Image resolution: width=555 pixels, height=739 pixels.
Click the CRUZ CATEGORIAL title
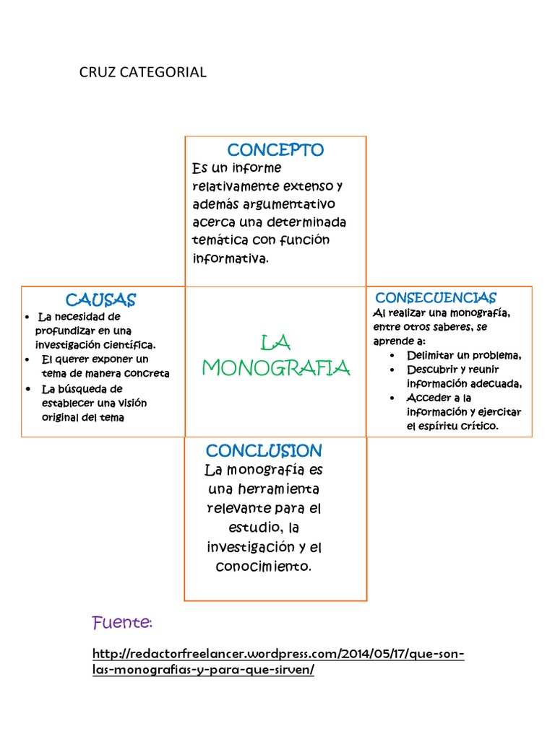click(142, 72)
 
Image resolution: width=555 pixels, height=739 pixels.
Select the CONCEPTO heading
click(275, 150)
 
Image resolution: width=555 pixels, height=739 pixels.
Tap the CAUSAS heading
click(100, 299)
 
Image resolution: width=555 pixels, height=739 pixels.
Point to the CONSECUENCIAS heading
click(435, 298)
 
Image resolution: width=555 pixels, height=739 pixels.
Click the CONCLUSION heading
click(264, 451)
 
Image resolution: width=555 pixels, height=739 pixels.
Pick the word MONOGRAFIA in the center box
click(276, 368)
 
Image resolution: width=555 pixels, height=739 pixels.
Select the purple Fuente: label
click(122, 622)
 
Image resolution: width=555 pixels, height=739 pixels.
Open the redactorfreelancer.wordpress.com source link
click(278, 662)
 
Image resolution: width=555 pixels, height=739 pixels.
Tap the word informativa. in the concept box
click(231, 258)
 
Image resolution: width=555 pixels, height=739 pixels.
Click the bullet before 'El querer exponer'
click(27, 359)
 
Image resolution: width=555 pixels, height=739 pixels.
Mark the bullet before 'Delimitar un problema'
click(392, 356)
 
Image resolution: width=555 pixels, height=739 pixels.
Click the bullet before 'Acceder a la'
click(392, 398)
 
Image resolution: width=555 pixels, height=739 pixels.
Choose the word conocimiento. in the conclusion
click(264, 567)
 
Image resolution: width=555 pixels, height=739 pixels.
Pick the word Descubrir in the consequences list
click(431, 369)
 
